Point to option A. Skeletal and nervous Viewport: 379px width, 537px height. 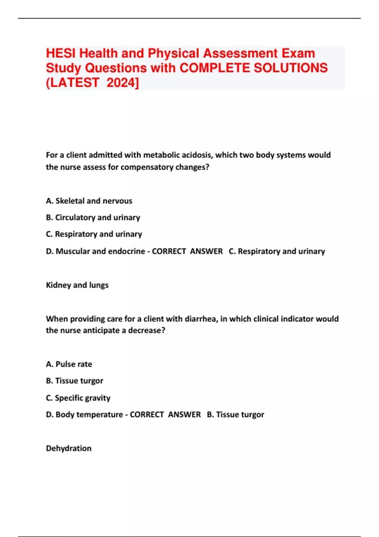(x=89, y=201)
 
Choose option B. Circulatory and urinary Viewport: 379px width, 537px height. (x=93, y=218)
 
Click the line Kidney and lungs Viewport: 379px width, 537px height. (x=77, y=285)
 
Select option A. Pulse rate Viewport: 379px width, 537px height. (x=69, y=364)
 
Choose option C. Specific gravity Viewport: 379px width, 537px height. (x=78, y=398)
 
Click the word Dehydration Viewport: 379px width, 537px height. (x=69, y=449)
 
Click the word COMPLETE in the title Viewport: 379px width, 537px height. (x=215, y=68)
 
